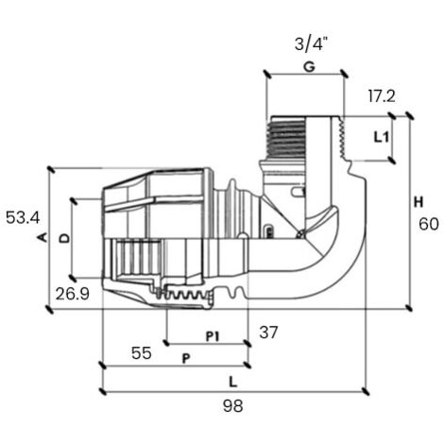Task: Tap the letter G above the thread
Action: [x=309, y=67]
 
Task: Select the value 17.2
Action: [x=382, y=96]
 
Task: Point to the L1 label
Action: [x=382, y=137]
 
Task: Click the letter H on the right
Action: [x=418, y=202]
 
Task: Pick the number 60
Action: [x=429, y=224]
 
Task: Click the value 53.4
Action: [x=23, y=217]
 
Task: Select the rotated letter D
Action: [x=65, y=238]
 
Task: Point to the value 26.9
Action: [x=73, y=294]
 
